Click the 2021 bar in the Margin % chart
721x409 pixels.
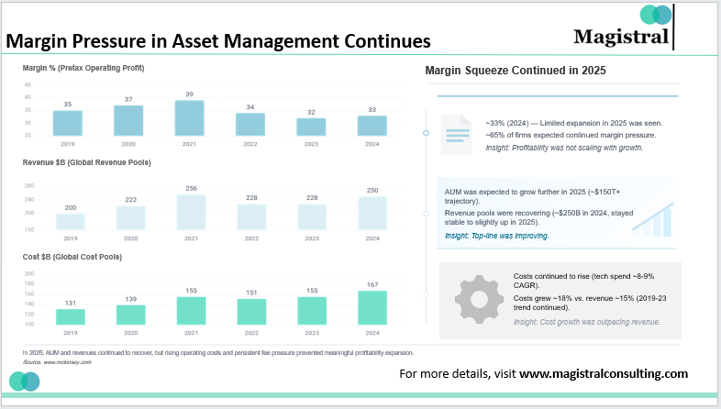pos(190,117)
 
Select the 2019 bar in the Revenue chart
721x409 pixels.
pos(71,221)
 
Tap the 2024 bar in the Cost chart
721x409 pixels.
pos(372,307)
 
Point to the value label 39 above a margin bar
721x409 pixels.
pos(190,94)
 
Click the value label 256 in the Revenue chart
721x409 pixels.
pos(190,188)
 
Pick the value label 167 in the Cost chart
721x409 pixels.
pos(372,284)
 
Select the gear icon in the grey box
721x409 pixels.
pos(474,294)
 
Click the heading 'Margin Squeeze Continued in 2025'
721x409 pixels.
pos(515,71)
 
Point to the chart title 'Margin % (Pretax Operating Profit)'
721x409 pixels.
pos(83,68)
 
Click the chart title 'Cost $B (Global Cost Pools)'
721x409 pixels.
pos(72,256)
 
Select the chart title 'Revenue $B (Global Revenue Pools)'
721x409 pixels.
pos(86,161)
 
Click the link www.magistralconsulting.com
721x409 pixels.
pos(603,374)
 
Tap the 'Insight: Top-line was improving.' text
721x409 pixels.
pos(496,236)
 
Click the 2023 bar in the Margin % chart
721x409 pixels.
pos(312,127)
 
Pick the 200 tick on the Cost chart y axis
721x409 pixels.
pos(28,272)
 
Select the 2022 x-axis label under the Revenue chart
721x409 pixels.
pos(250,238)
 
